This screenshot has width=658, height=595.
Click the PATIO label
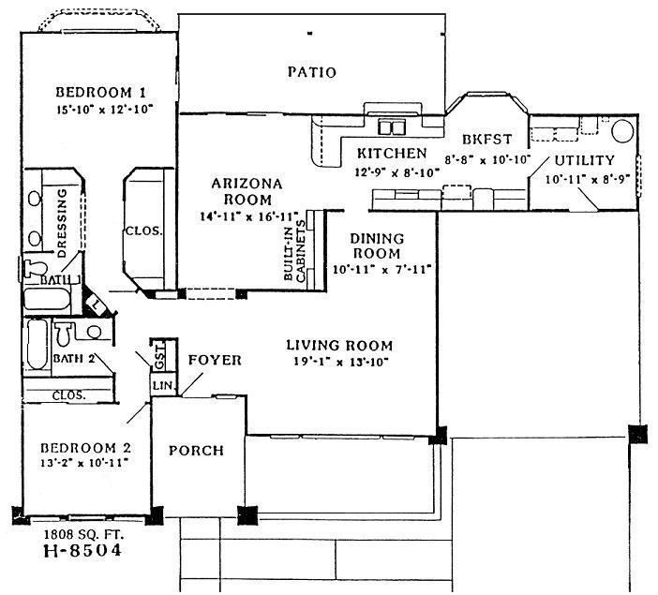pyautogui.click(x=311, y=72)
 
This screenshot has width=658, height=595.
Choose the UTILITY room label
pyautogui.click(x=584, y=160)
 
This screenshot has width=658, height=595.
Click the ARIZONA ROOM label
pyautogui.click(x=242, y=191)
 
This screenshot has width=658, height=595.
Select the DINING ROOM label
pyautogui.click(x=378, y=245)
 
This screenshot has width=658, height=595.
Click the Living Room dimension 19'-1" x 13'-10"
pyautogui.click(x=338, y=361)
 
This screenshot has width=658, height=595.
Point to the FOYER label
pyautogui.click(x=215, y=360)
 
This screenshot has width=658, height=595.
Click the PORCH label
pyautogui.click(x=196, y=451)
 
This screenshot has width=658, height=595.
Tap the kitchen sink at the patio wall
pyautogui.click(x=390, y=126)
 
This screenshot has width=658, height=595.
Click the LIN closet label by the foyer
pyautogui.click(x=159, y=385)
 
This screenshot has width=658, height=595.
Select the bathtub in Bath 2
pyautogui.click(x=36, y=345)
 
